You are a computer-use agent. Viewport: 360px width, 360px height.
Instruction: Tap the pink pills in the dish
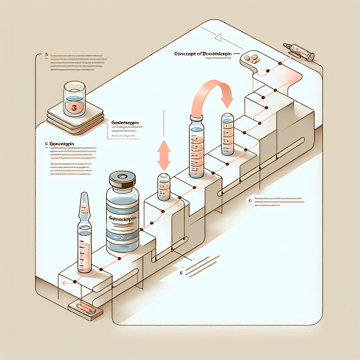pos(251,58)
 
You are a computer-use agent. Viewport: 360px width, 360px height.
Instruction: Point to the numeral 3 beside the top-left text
pos(46,55)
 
